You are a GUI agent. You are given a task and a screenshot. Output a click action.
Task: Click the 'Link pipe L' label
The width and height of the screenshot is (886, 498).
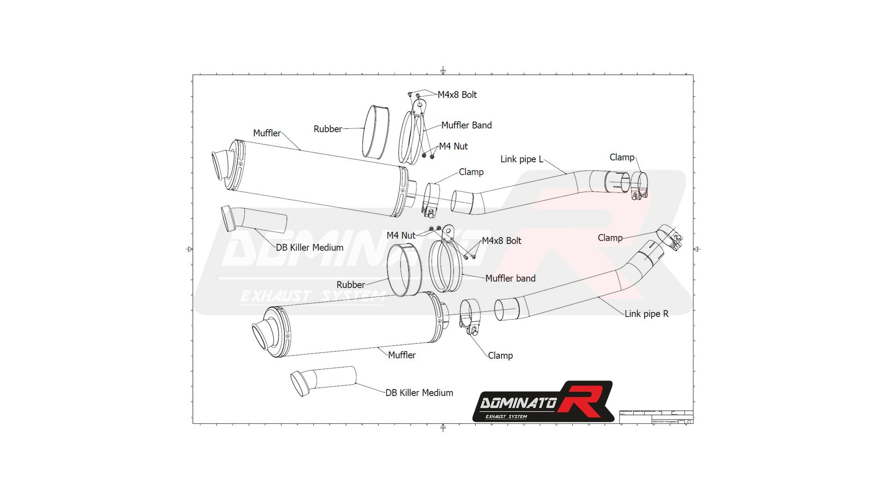[x=521, y=160]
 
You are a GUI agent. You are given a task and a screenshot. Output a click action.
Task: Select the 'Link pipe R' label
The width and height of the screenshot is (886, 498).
[x=646, y=314]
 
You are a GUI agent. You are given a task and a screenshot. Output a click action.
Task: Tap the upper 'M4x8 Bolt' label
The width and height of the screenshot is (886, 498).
[x=457, y=95]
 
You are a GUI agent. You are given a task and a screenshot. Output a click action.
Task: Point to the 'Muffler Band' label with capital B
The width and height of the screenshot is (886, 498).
[x=466, y=125]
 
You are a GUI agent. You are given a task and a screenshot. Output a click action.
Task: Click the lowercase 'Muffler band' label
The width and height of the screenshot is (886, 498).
[x=510, y=279]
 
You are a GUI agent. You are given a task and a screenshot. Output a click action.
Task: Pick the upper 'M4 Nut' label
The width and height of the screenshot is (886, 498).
[x=453, y=147]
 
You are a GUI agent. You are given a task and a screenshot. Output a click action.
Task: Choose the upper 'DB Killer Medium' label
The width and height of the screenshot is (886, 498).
[x=309, y=248]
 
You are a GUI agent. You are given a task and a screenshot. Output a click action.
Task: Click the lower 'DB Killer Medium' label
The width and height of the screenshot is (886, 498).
[x=419, y=393]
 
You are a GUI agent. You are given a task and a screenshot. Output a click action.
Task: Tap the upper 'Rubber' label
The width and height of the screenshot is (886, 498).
[x=328, y=130]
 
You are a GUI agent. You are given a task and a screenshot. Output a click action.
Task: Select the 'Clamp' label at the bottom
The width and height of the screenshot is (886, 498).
[x=500, y=356]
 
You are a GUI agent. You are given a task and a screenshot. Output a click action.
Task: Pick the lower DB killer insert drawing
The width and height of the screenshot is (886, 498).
[x=323, y=380]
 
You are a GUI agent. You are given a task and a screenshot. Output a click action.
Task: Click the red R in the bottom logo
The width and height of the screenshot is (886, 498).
[x=582, y=399]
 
